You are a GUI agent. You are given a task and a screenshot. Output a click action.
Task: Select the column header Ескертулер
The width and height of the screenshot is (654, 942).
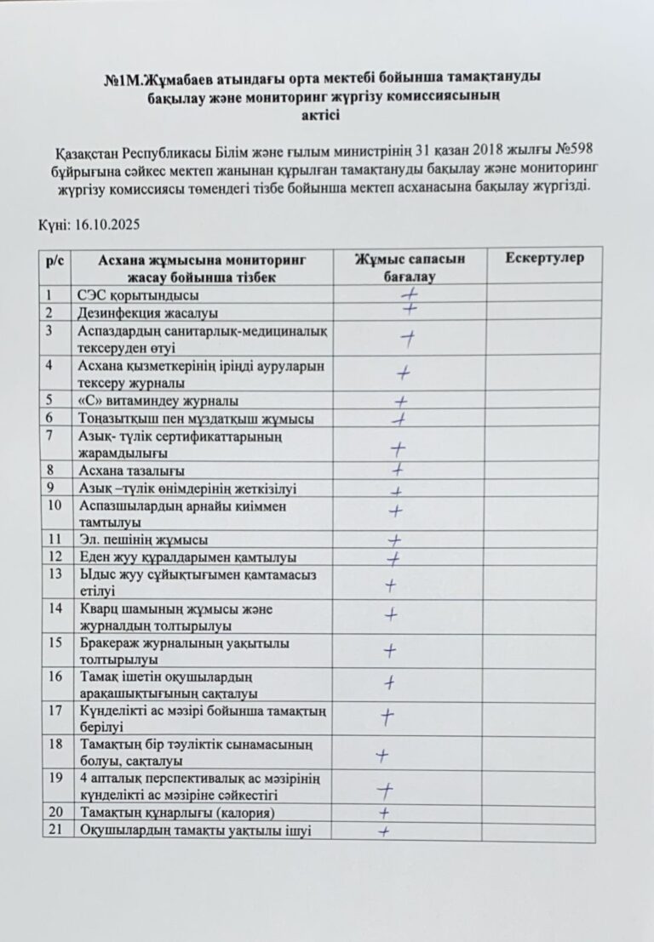pyautogui.click(x=544, y=259)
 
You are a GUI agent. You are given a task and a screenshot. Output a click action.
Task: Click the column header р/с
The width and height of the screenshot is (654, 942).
pyautogui.click(x=56, y=260)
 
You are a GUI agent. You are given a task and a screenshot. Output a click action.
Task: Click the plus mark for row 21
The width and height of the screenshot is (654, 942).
pyautogui.click(x=384, y=831)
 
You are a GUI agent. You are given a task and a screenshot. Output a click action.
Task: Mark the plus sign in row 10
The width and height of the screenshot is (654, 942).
pyautogui.click(x=395, y=511)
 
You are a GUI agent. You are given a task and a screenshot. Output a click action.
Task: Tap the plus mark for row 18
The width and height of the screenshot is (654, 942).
pyautogui.click(x=382, y=754)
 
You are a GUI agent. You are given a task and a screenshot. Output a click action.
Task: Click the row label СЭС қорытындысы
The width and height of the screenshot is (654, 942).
pyautogui.click(x=138, y=295)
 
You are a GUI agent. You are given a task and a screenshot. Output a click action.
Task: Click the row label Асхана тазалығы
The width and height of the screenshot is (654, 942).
pyautogui.click(x=131, y=471)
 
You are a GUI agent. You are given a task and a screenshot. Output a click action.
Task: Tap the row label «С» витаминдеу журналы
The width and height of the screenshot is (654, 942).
pyautogui.click(x=158, y=401)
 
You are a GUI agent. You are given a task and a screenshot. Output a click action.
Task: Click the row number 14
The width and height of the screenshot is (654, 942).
pyautogui.click(x=56, y=608)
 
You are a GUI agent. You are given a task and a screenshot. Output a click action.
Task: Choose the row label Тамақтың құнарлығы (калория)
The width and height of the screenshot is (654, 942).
pyautogui.click(x=177, y=814)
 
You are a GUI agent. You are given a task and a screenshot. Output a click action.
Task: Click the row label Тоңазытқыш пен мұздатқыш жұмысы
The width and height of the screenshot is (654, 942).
pyautogui.click(x=195, y=419)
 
